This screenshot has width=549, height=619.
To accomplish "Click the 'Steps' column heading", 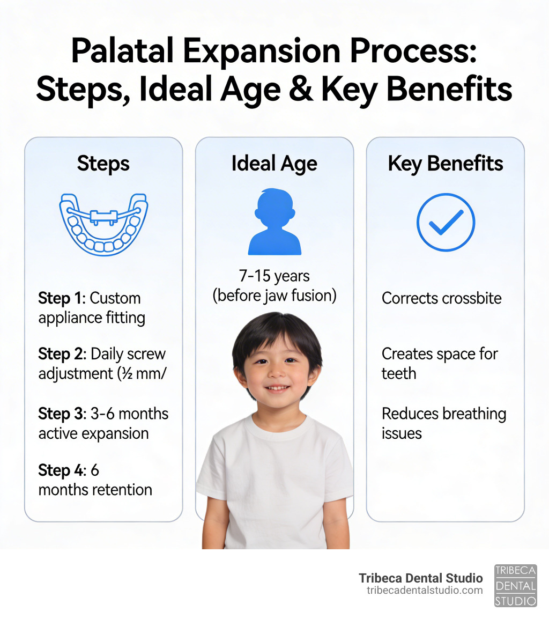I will [103, 164].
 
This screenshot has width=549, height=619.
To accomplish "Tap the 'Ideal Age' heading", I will [274, 164].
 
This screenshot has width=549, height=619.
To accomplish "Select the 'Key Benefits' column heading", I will [445, 164].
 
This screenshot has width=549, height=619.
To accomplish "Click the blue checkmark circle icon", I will [446, 222].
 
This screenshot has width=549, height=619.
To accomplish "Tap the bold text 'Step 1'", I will [54, 298].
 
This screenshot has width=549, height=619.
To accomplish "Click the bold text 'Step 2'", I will [54, 354].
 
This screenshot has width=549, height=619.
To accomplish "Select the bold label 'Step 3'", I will [54, 414].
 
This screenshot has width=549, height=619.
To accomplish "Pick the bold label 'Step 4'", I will [54, 470].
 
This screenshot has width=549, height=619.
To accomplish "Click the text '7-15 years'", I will [274, 276].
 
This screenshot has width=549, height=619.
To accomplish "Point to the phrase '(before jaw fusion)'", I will [274, 296].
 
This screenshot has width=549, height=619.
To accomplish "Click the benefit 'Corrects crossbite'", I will [441, 298].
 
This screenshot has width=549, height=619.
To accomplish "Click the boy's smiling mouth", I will [277, 387].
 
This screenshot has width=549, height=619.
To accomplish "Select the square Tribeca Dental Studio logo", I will [515, 585].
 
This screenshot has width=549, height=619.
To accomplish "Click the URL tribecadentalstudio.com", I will [425, 590].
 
